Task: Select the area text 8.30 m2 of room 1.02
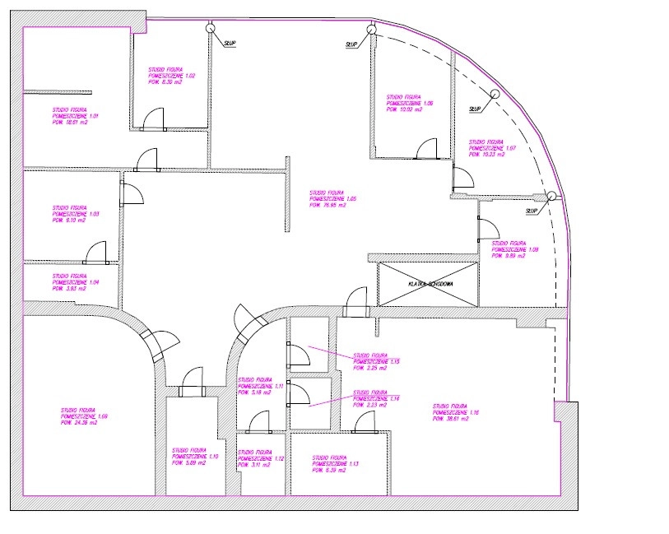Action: [x=165, y=83]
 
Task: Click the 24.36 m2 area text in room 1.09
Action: [x=79, y=423]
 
